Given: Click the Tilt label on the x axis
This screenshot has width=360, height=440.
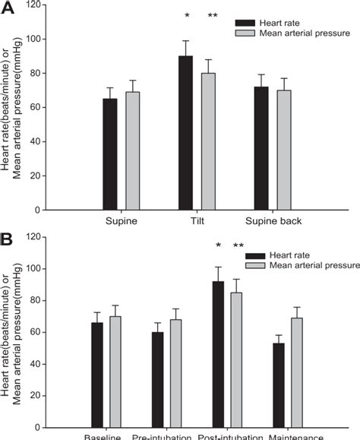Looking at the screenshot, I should coord(196,221).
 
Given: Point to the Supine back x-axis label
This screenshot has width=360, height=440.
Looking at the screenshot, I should coord(273,221).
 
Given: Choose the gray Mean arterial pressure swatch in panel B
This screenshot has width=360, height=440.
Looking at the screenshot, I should coord(255,266).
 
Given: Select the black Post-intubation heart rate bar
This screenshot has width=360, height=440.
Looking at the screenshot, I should coord(219,354).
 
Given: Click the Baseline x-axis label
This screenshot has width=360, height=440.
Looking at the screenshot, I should coord(104,436).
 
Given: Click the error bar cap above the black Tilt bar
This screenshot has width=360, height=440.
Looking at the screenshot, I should coord(185,41).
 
